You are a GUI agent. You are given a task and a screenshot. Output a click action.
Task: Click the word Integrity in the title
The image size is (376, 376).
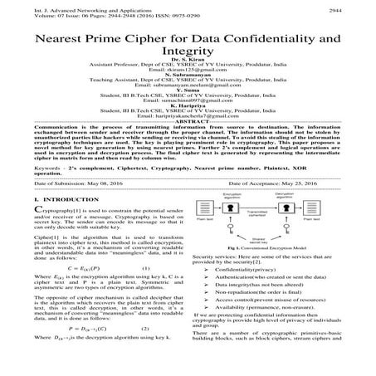[x=187, y=55]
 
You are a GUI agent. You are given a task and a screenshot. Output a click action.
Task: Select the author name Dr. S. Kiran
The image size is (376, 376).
[x=188, y=71]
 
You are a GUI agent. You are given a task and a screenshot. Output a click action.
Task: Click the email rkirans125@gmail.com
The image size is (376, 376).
[x=188, y=82]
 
